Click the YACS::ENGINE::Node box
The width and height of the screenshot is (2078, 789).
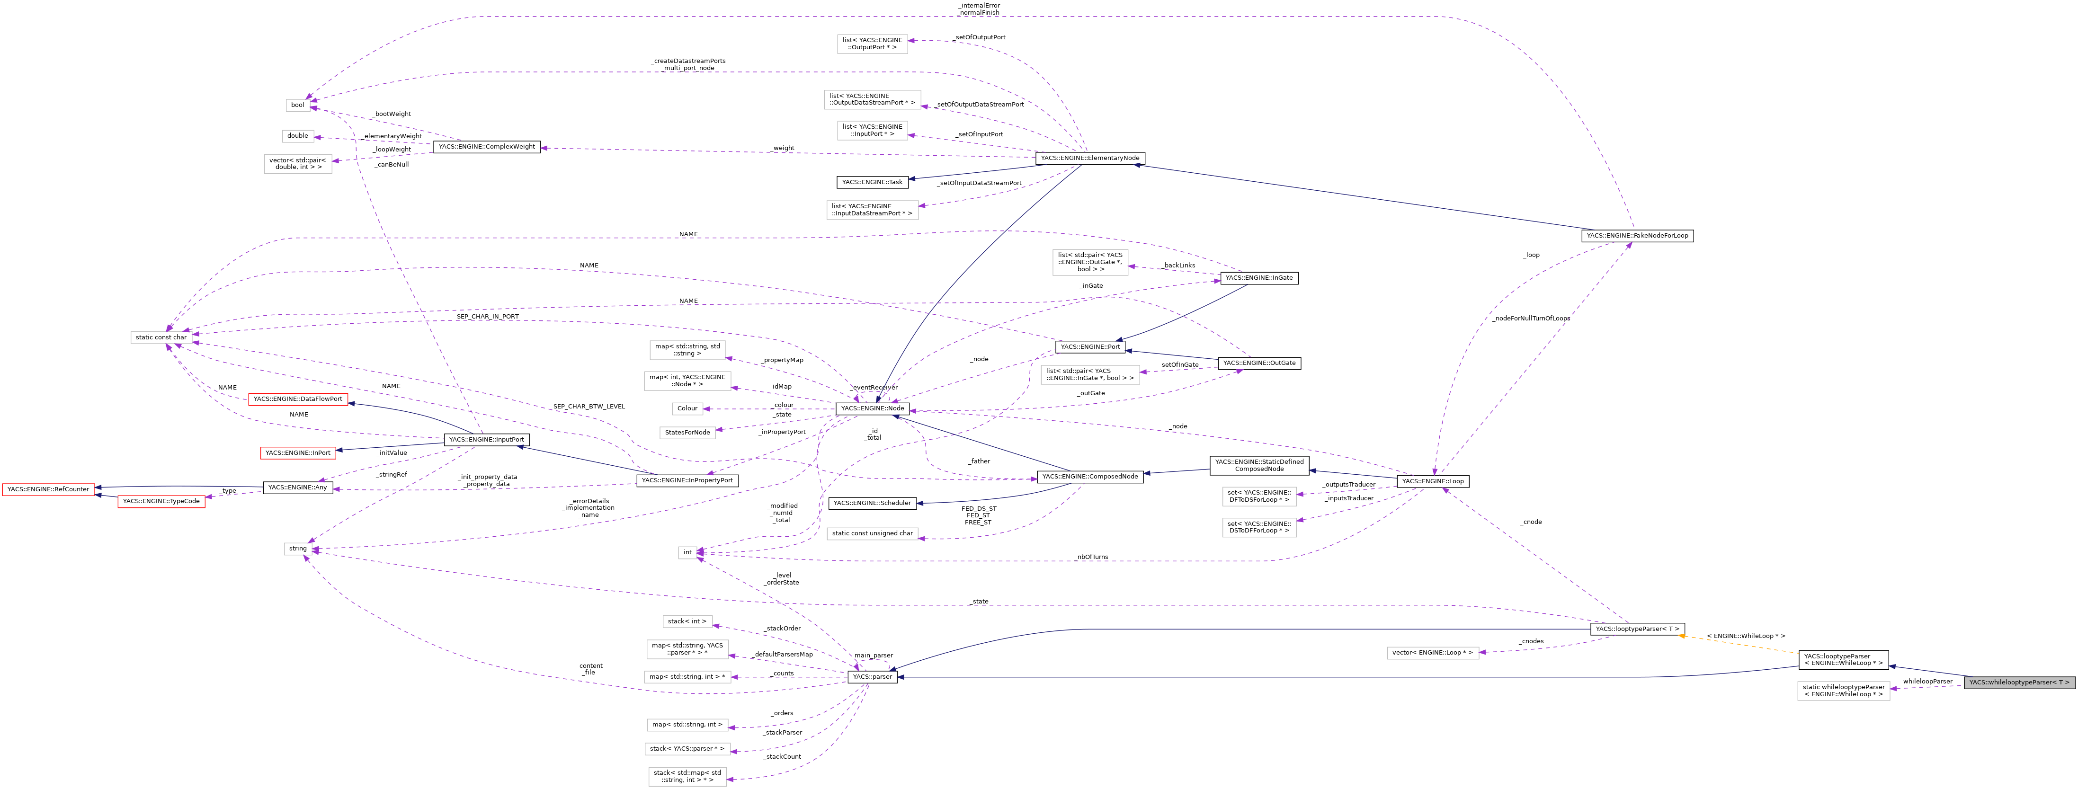872,408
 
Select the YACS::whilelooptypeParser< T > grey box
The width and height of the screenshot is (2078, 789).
2018,683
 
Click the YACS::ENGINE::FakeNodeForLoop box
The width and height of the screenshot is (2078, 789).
1637,236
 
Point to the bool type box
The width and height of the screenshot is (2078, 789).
298,105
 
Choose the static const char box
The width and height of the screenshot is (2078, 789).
161,337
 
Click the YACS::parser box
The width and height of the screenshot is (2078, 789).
871,677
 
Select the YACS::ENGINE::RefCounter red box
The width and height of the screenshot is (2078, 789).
48,489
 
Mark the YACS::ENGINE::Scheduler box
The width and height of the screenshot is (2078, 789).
872,504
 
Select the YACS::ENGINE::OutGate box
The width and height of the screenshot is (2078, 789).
1258,363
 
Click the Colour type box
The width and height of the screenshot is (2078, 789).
687,408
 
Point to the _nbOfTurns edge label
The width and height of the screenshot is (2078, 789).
1091,557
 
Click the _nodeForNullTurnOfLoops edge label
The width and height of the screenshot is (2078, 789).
1530,319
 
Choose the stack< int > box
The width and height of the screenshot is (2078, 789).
687,621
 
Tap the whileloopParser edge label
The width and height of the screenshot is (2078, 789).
1927,682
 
